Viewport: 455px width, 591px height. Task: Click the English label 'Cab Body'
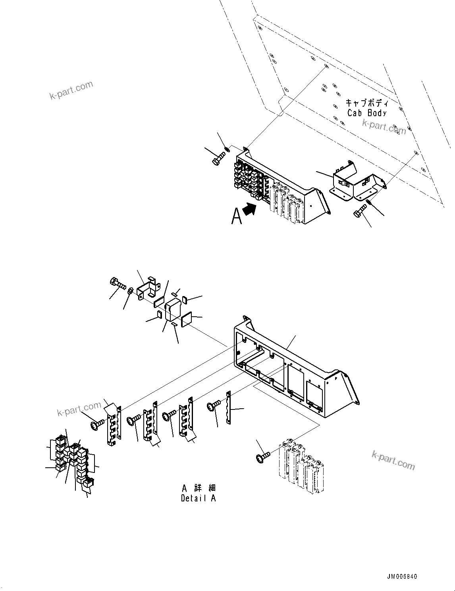[366, 113]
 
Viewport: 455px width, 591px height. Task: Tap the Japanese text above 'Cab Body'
[366, 103]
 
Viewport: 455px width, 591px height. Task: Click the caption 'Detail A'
[198, 498]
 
